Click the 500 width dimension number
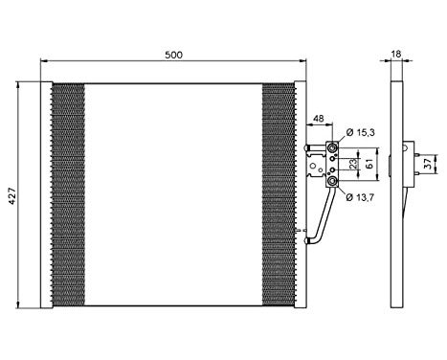[x=173, y=54]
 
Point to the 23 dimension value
[x=354, y=164]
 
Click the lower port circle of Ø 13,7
[x=332, y=180]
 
